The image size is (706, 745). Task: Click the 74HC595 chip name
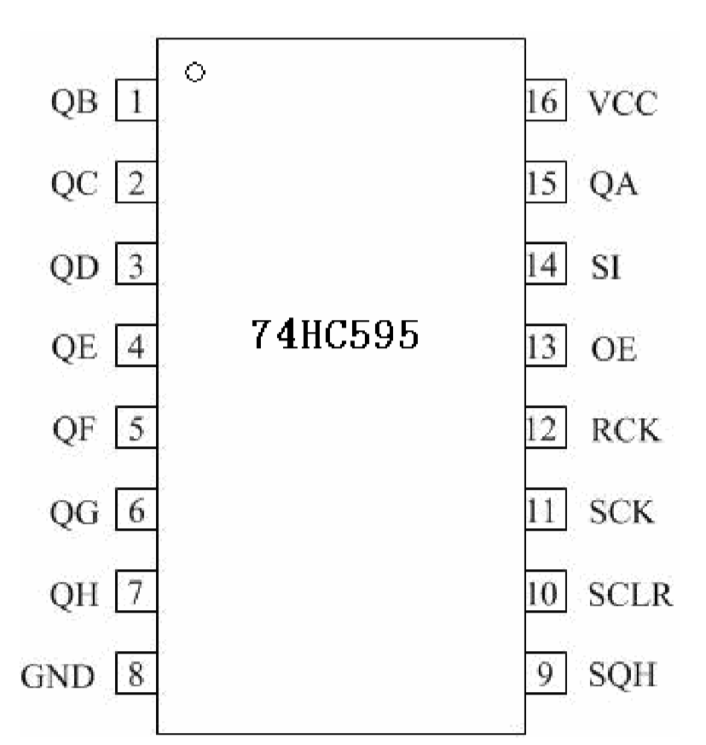[x=334, y=335]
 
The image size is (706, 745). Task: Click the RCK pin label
[x=624, y=430]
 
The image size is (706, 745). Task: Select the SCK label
[x=622, y=512]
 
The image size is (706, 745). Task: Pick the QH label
[x=75, y=594]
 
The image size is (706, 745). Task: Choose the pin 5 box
[x=136, y=429]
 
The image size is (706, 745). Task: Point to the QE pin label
[x=75, y=348]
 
